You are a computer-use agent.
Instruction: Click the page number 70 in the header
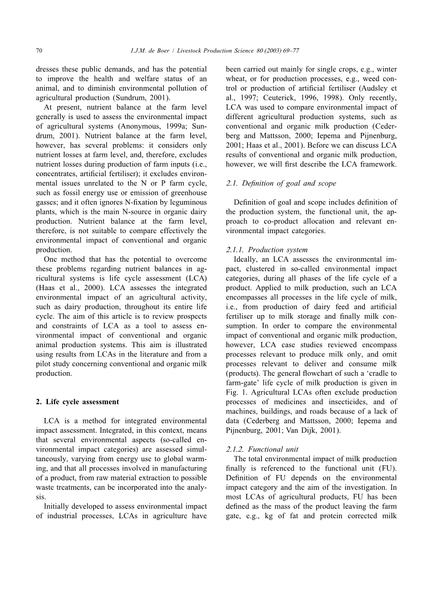pos(39,50)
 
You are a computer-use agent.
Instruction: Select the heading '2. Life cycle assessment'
pos(77,402)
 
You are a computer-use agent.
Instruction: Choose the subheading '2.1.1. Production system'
pos(267,249)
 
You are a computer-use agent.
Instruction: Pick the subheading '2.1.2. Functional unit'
pos(262,449)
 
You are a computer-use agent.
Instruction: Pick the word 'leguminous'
pos(186,202)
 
